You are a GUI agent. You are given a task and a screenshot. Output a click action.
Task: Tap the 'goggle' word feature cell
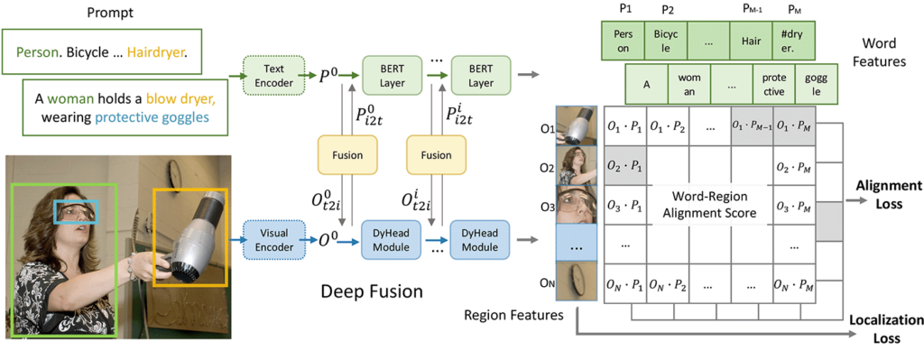tap(815, 86)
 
